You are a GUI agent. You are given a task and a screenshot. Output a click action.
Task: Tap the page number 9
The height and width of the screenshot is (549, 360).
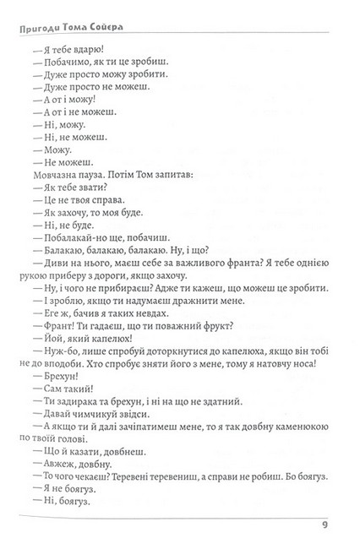(325, 529)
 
